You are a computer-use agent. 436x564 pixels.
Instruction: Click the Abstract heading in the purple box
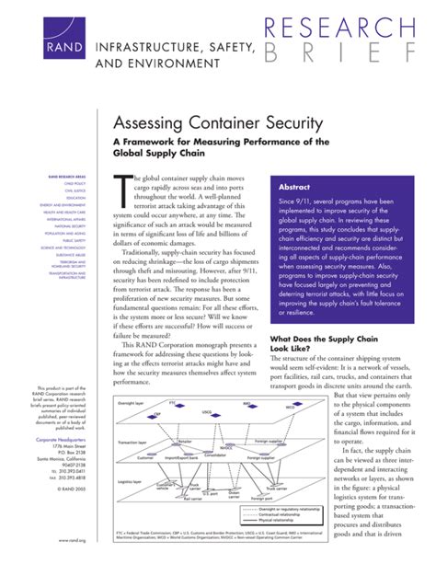(299, 187)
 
